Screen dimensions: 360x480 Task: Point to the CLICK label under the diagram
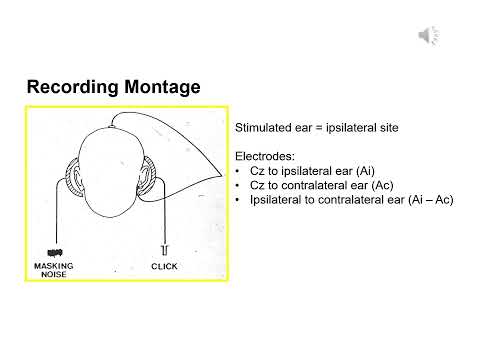click(x=164, y=267)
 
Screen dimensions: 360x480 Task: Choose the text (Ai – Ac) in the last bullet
click(x=426, y=200)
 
